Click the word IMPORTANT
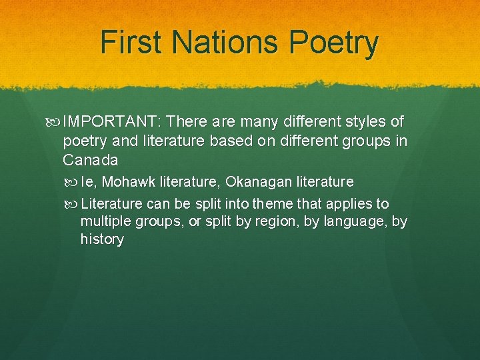click(115, 122)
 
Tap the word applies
click(350, 204)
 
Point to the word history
click(102, 239)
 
